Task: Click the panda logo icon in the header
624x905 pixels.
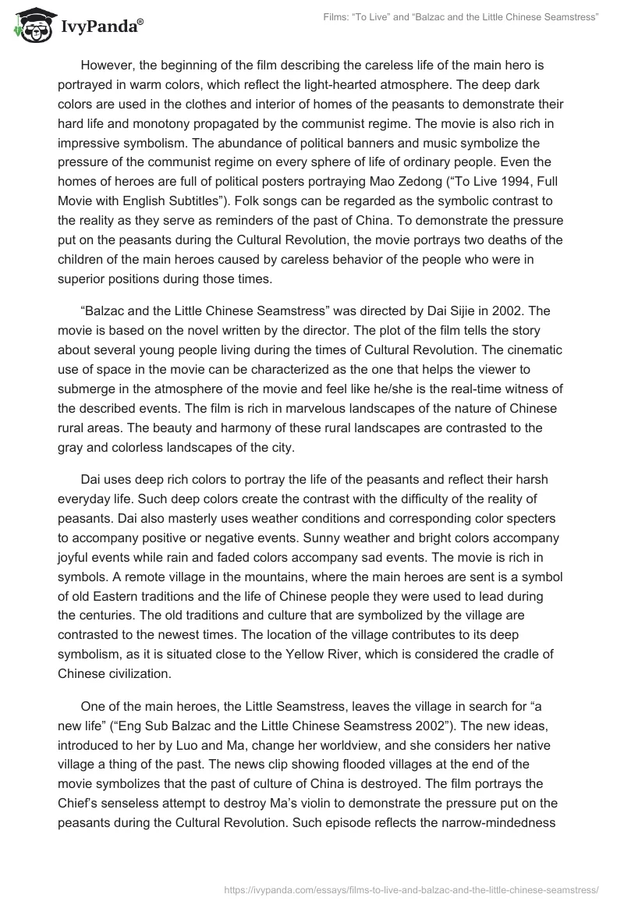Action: [x=30, y=24]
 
